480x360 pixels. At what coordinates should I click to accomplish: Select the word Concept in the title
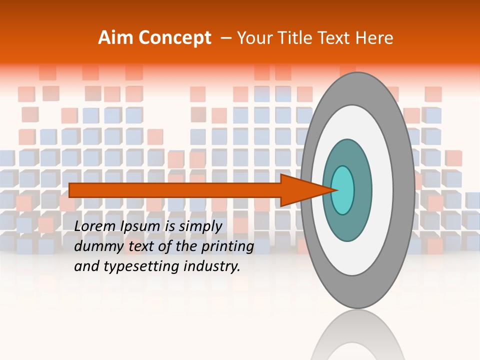point(175,38)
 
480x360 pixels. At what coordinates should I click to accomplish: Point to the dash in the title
point(225,38)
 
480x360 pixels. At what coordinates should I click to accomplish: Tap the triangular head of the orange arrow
point(300,190)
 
